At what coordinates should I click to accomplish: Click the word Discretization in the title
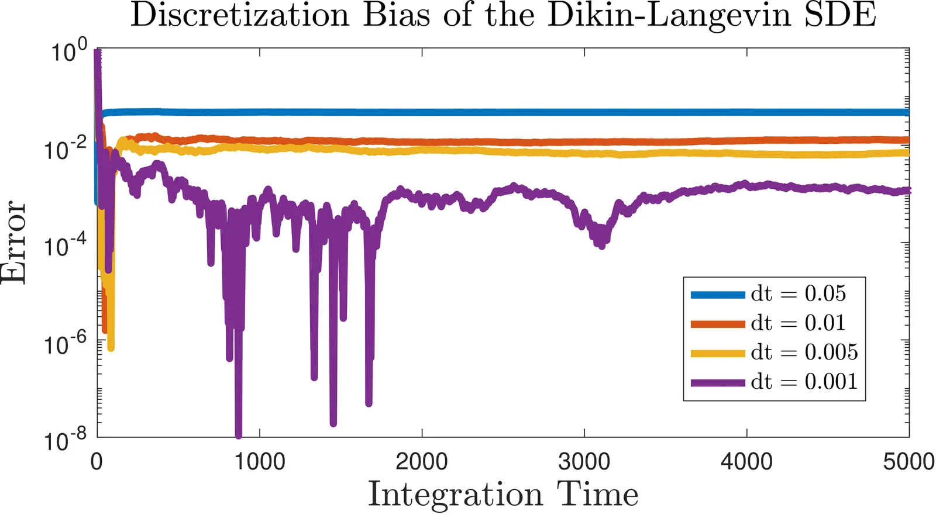pos(239,15)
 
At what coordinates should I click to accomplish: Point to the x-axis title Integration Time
pos(503,495)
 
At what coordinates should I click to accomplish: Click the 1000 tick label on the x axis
pos(260,462)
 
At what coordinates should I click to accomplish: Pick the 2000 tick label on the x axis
pos(422,462)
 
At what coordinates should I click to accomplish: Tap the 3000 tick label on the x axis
pos(584,462)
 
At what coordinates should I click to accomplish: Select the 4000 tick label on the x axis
pos(746,462)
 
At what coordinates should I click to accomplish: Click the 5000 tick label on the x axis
pos(909,462)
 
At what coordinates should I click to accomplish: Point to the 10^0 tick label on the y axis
pos(68,51)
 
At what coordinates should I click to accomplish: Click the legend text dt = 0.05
pos(799,293)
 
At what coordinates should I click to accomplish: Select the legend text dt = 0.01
pos(799,323)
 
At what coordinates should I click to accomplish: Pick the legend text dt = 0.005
pos(804,352)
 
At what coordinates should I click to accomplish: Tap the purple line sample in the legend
pos(717,382)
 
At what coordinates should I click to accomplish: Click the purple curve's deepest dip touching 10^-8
pos(238,434)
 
